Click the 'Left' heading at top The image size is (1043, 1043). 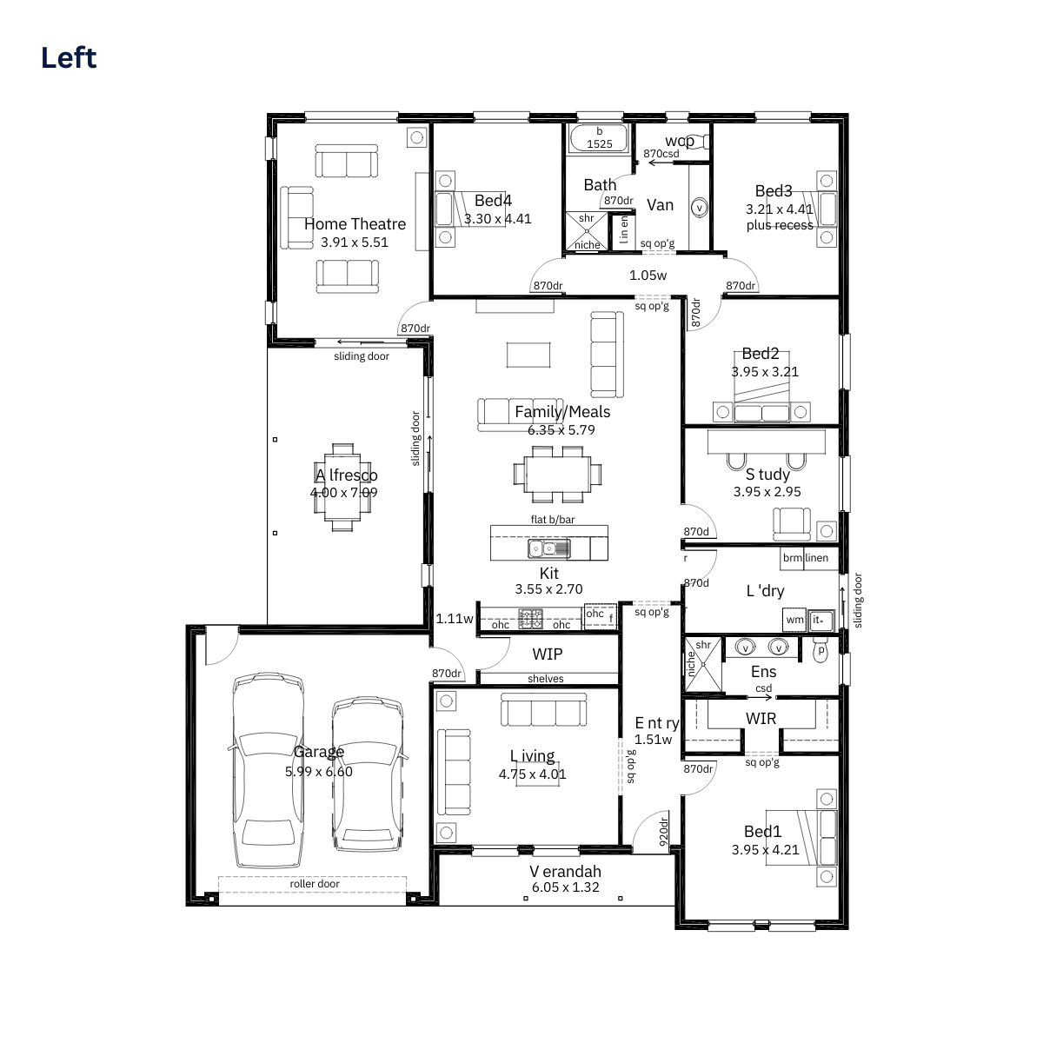point(69,57)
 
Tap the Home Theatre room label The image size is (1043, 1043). point(355,224)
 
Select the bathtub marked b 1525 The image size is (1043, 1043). point(599,138)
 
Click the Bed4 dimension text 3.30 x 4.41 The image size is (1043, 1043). point(497,219)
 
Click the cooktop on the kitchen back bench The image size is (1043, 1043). point(530,618)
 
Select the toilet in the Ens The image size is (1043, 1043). point(820,649)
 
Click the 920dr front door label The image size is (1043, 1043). point(663,832)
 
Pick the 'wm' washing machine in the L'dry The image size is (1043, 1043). point(794,620)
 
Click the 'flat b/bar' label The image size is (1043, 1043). point(553,520)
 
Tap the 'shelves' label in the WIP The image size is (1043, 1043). point(546,679)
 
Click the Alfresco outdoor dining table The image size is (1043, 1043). point(342,488)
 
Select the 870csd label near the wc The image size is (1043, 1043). point(661,154)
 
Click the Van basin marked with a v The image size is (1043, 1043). point(699,208)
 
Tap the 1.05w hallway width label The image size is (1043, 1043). point(648,276)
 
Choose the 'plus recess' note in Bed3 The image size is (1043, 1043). point(780,225)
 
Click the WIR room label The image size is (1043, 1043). point(761,718)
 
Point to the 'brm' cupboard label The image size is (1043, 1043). point(793,557)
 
